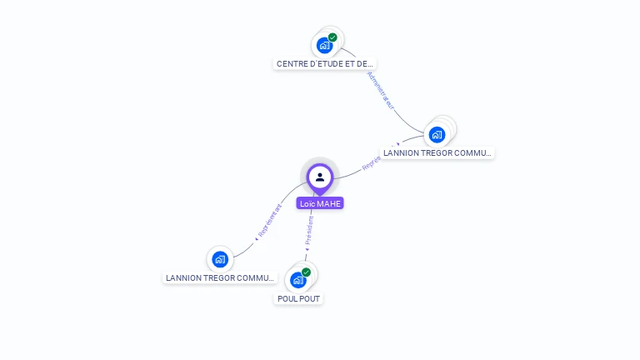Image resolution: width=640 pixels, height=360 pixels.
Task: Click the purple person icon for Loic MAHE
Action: pyautogui.click(x=320, y=177)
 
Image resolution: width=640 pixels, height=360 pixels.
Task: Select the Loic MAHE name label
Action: pyautogui.click(x=320, y=203)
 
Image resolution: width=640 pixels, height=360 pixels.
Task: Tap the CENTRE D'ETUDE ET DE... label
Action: pyautogui.click(x=326, y=63)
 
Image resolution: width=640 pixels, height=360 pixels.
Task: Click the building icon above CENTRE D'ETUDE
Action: pyautogui.click(x=324, y=45)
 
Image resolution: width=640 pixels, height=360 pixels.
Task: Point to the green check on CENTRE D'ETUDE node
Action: pyautogui.click(x=332, y=37)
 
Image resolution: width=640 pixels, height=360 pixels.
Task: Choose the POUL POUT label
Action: pyautogui.click(x=298, y=298)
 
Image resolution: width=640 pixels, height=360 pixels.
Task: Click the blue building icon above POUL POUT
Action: pyautogui.click(x=298, y=280)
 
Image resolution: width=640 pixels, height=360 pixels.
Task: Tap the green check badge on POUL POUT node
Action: pyautogui.click(x=306, y=272)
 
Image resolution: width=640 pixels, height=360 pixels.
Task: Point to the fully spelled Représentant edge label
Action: pyautogui.click(x=269, y=221)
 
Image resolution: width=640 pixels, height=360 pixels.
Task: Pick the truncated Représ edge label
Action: pyautogui.click(x=372, y=164)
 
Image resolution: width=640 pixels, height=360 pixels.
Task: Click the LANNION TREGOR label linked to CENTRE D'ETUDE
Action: pyautogui.click(x=437, y=153)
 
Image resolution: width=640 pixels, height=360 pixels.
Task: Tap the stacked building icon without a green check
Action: pyautogui.click(x=437, y=134)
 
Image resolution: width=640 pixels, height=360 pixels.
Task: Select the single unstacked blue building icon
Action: pyautogui.click(x=220, y=259)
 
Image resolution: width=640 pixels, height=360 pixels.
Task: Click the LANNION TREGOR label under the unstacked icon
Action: pyautogui.click(x=220, y=277)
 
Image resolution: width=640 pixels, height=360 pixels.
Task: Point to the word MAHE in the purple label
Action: pyautogui.click(x=329, y=203)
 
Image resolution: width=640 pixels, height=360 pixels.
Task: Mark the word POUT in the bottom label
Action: pyautogui.click(x=309, y=298)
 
